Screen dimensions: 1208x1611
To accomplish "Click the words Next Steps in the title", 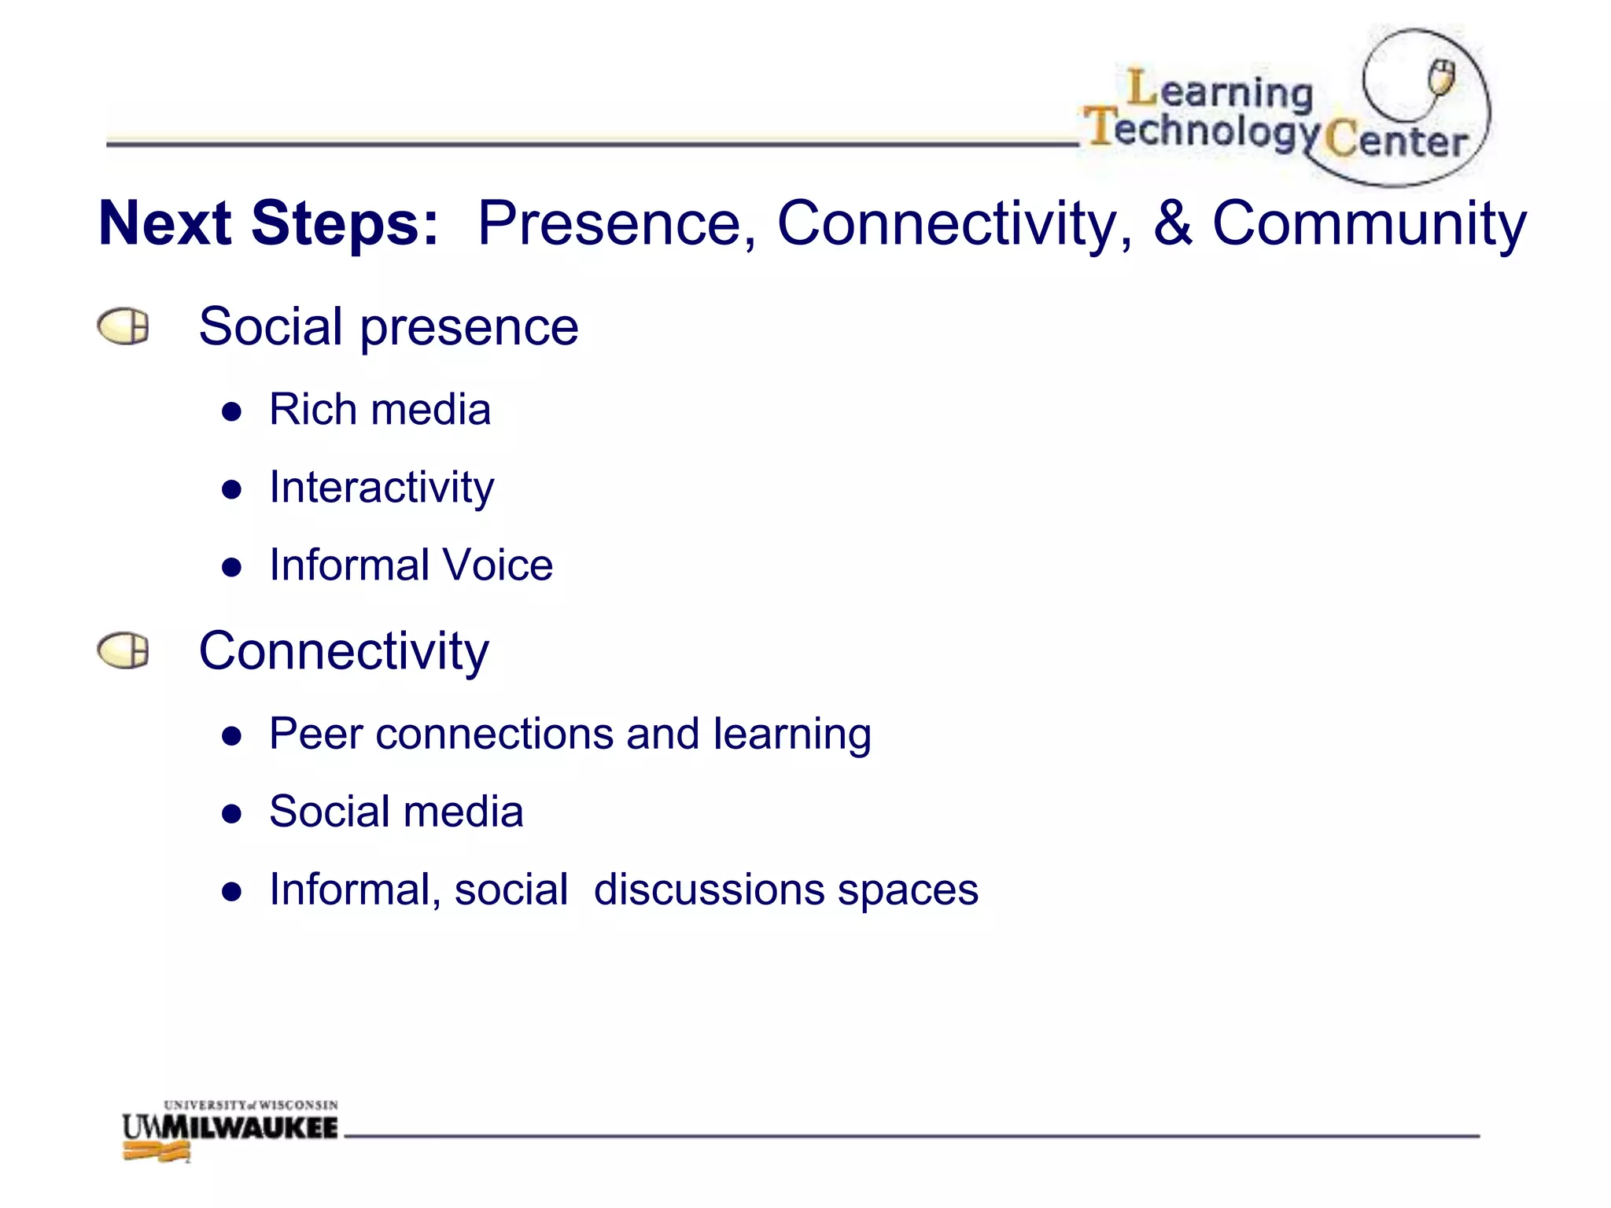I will click(267, 223).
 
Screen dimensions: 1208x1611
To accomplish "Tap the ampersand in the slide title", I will click(1172, 223).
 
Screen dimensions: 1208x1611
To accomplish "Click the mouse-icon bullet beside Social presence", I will click(123, 326).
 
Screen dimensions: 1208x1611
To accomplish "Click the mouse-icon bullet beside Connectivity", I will click(123, 651).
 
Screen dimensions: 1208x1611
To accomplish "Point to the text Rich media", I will click(380, 410).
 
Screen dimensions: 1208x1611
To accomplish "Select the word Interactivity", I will click(382, 488).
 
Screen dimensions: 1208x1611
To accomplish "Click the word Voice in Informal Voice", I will click(497, 565).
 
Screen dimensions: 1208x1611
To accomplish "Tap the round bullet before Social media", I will click(231, 813).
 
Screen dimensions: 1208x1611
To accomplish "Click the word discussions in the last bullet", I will click(708, 889).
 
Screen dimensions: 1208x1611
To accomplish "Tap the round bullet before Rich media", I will click(231, 411).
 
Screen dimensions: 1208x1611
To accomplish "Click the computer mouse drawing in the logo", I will click(1441, 77).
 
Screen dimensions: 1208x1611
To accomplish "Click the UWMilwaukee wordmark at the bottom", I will click(230, 1127).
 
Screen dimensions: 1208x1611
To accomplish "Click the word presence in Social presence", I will click(469, 327).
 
